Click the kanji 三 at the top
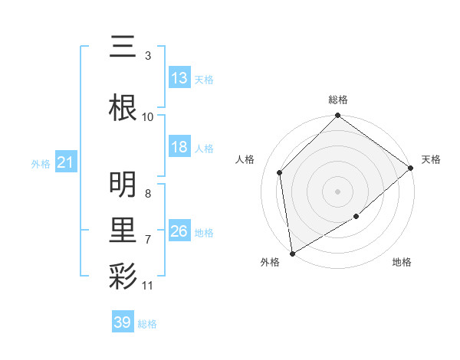point(123,48)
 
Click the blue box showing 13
point(179,78)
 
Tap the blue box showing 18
point(179,147)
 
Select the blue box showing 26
point(179,231)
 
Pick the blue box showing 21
point(65,162)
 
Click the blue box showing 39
point(123,322)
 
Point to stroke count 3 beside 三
point(147,56)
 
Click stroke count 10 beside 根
point(148,116)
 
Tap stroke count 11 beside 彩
point(148,286)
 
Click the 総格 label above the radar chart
point(337,100)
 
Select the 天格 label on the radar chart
point(431,159)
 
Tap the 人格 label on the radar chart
point(245,159)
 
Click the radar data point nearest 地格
point(356,217)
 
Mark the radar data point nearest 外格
point(292,253)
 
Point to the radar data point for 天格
point(411,168)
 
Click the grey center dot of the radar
point(337,191)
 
